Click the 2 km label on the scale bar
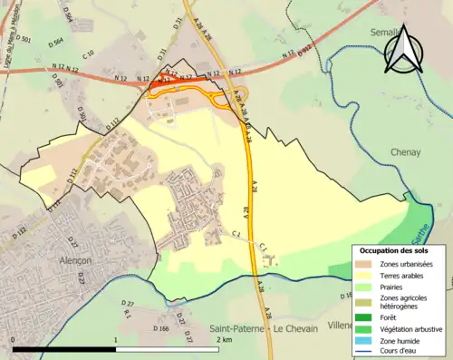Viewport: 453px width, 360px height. (224, 338)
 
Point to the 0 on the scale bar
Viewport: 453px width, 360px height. (14, 338)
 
